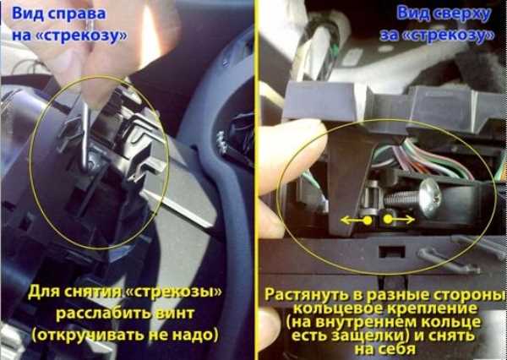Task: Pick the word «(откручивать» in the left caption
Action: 88,335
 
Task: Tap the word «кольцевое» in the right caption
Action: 338,309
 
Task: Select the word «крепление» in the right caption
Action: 433,308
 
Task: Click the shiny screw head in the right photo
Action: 430,198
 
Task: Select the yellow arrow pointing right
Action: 399,220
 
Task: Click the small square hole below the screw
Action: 392,252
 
